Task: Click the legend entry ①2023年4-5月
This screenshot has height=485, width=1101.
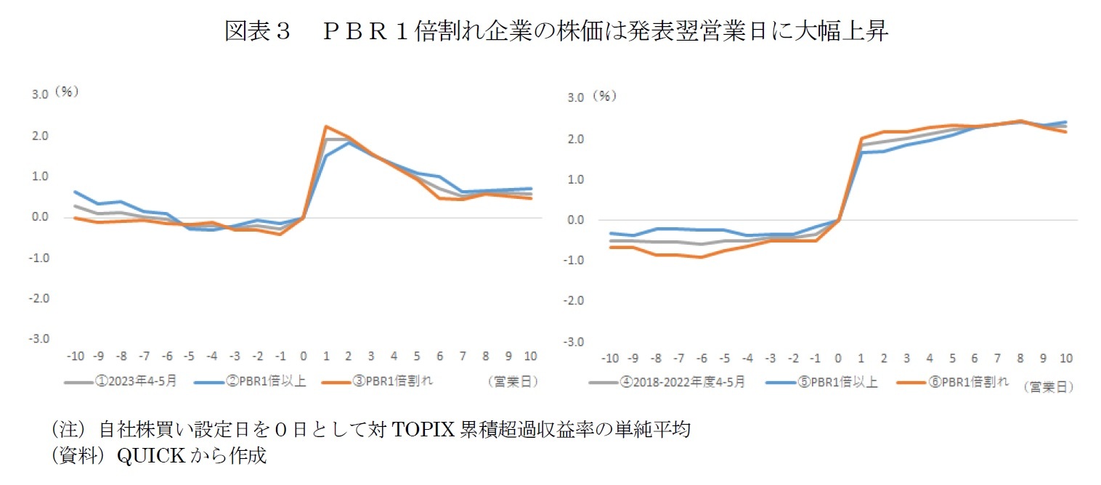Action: [x=134, y=380]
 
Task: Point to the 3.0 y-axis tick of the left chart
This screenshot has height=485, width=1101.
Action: [x=39, y=94]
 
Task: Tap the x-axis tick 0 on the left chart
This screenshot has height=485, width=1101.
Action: [x=303, y=356]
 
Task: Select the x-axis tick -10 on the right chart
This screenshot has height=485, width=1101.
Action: [x=611, y=359]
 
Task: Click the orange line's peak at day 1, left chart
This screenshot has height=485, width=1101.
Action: [x=326, y=126]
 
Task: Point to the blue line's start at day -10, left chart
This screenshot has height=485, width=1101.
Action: [x=76, y=192]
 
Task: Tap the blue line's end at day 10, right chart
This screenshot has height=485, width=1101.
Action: [x=1065, y=122]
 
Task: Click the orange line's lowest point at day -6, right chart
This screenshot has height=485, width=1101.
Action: [x=701, y=257]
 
